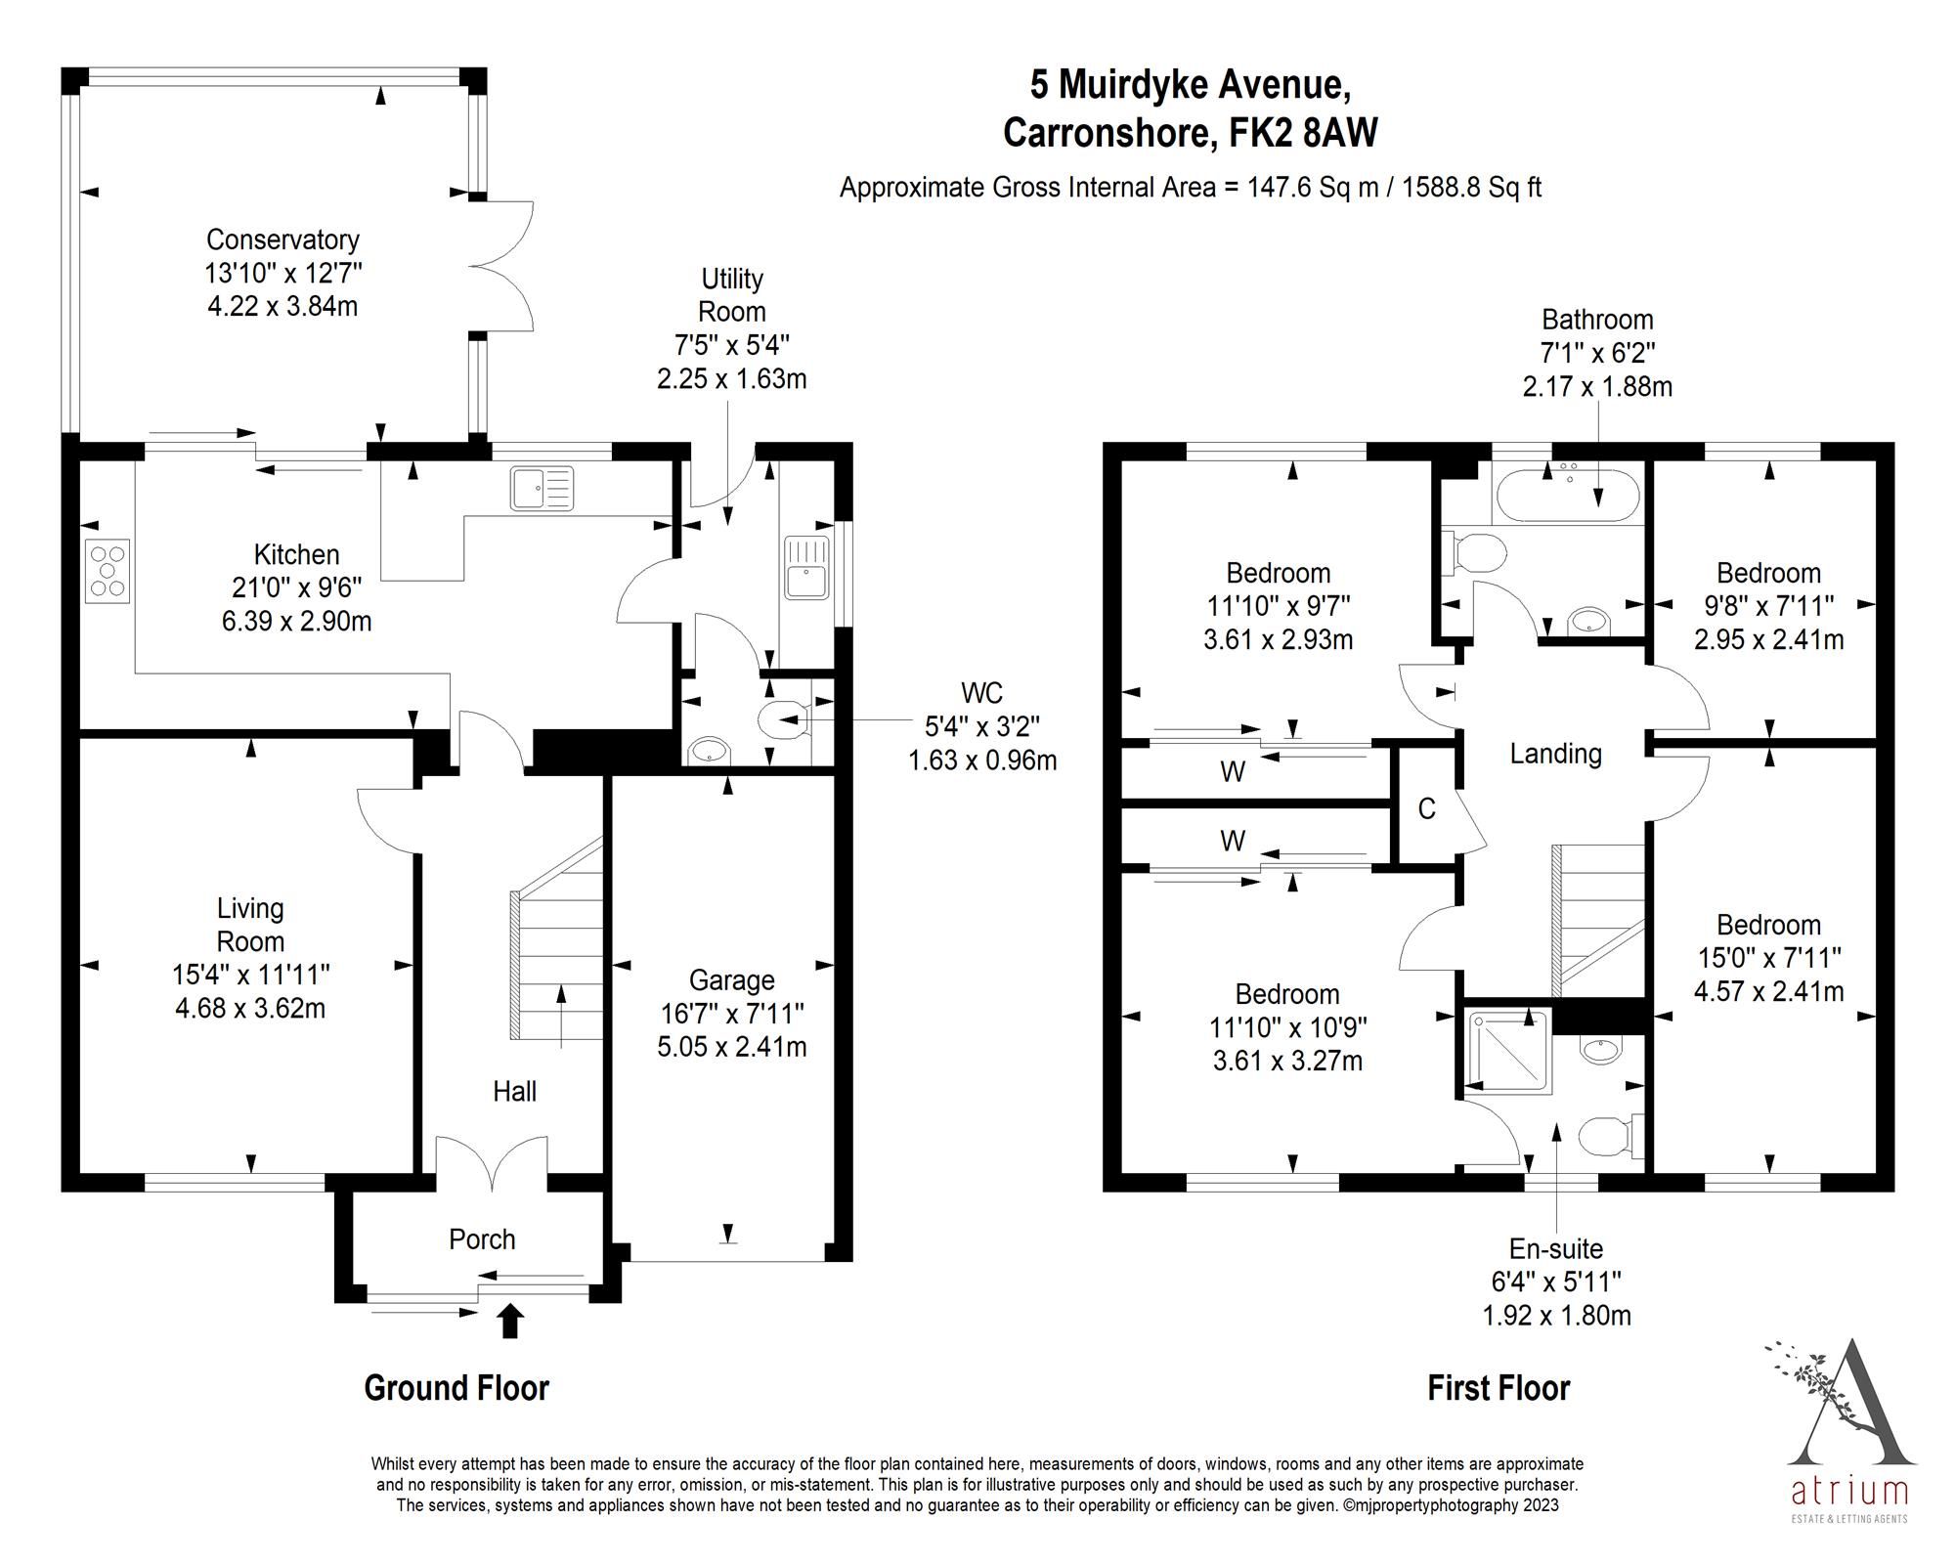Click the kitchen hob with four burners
[x=108, y=571]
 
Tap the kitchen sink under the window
[x=542, y=489]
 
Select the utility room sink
[x=806, y=568]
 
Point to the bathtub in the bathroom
[x=1565, y=496]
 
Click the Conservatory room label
[x=282, y=239]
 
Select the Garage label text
[x=731, y=980]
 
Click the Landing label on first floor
[x=1555, y=754]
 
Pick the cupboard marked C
[x=1426, y=808]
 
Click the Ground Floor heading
[x=456, y=1388]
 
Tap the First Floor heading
[x=1498, y=1388]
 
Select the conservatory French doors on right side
[x=502, y=264]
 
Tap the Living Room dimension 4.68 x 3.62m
[x=250, y=1008]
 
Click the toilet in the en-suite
[x=1608, y=1137]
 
